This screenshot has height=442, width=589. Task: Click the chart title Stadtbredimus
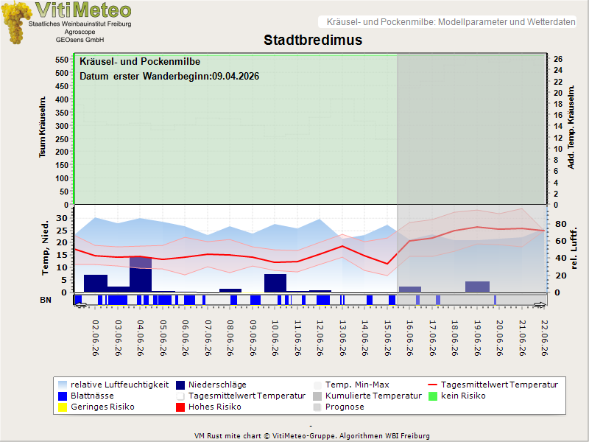pyautogui.click(x=312, y=40)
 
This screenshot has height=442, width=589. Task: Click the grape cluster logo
pyautogui.click(x=15, y=23)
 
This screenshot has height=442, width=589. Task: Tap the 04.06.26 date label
pyautogui.click(x=141, y=338)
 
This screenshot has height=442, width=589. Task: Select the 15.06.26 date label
pyautogui.click(x=388, y=338)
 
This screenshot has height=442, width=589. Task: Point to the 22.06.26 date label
pyautogui.click(x=544, y=338)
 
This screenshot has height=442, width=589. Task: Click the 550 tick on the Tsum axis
pyautogui.click(x=62, y=60)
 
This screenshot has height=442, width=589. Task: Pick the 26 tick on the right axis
pyautogui.click(x=558, y=59)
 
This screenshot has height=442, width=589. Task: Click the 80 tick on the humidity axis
pyautogui.click(x=560, y=224)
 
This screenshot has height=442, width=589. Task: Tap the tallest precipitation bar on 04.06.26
pyautogui.click(x=141, y=274)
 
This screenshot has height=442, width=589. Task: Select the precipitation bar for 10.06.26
pyautogui.click(x=275, y=283)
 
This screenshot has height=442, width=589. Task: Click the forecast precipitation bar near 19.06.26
pyautogui.click(x=477, y=287)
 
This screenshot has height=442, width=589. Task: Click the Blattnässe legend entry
pyautogui.click(x=86, y=396)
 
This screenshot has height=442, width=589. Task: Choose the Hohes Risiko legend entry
pyautogui.click(x=208, y=407)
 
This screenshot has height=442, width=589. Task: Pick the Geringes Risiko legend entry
pyautogui.click(x=96, y=407)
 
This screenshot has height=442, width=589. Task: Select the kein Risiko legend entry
pyautogui.click(x=456, y=396)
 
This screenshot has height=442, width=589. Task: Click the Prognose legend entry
pyautogui.click(x=339, y=407)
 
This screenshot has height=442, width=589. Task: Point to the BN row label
pyautogui.click(x=46, y=300)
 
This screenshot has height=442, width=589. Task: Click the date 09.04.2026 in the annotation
pyautogui.click(x=236, y=77)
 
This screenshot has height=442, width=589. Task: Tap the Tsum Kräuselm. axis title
pyautogui.click(x=43, y=127)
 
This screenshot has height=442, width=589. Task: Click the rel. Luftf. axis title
pyautogui.click(x=574, y=248)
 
